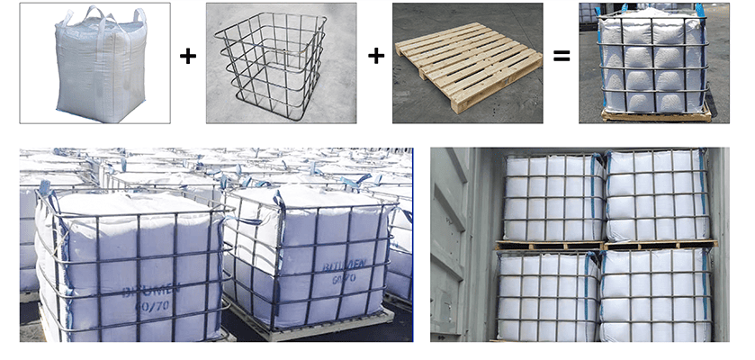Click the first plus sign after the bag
pyautogui.click(x=187, y=57)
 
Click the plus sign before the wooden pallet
pyautogui.click(x=375, y=57)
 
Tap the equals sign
pyautogui.click(x=562, y=57)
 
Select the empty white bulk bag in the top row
pyautogui.click(x=95, y=63)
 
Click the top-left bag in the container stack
pyautogui.click(x=550, y=198)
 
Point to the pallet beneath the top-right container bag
pyautogui.click(x=661, y=244)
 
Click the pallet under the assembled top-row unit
pyautogui.click(x=656, y=115)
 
